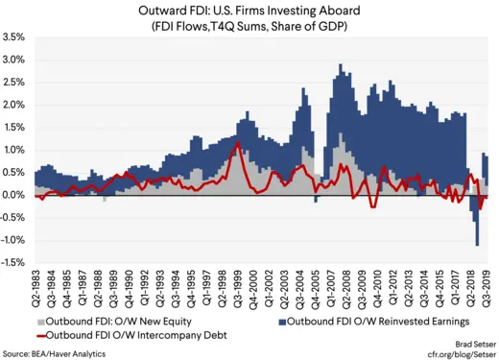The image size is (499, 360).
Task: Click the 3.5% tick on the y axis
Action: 13,37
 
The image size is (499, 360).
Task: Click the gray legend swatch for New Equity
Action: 38,320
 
